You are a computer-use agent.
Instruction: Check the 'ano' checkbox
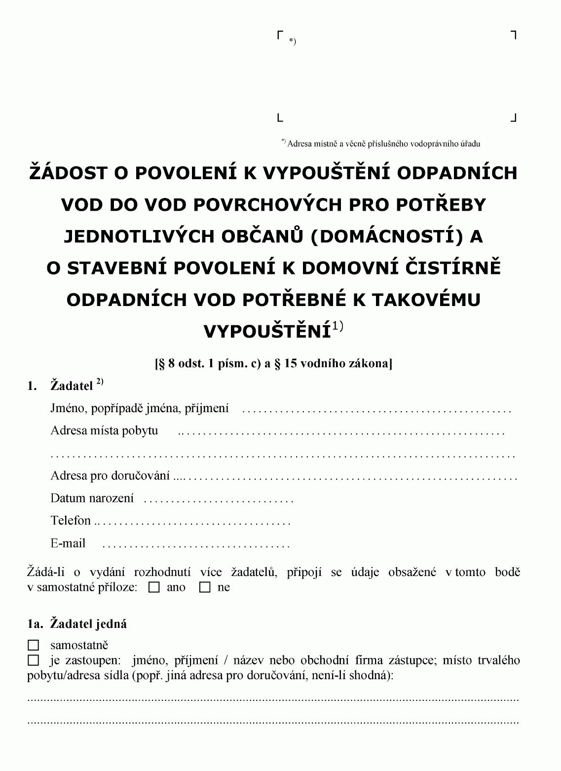pyautogui.click(x=154, y=588)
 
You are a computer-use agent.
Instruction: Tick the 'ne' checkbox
pyautogui.click(x=205, y=588)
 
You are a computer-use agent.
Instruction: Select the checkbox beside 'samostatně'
pyautogui.click(x=34, y=645)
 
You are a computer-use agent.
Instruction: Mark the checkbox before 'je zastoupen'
pyautogui.click(x=34, y=660)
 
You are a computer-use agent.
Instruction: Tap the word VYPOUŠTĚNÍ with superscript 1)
pyautogui.click(x=267, y=331)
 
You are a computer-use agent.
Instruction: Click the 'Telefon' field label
pyautogui.click(x=71, y=520)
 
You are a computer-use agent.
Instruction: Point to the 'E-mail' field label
pyautogui.click(x=68, y=543)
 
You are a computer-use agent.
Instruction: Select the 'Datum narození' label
pyautogui.click(x=92, y=498)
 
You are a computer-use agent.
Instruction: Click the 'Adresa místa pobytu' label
pyautogui.click(x=104, y=430)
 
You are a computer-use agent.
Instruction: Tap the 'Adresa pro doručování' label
pyautogui.click(x=110, y=476)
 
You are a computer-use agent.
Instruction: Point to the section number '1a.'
pyautogui.click(x=36, y=624)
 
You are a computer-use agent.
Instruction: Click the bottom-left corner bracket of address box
pyautogui.click(x=280, y=117)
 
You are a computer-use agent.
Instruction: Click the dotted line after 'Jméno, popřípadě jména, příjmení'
pyautogui.click(x=376, y=410)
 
